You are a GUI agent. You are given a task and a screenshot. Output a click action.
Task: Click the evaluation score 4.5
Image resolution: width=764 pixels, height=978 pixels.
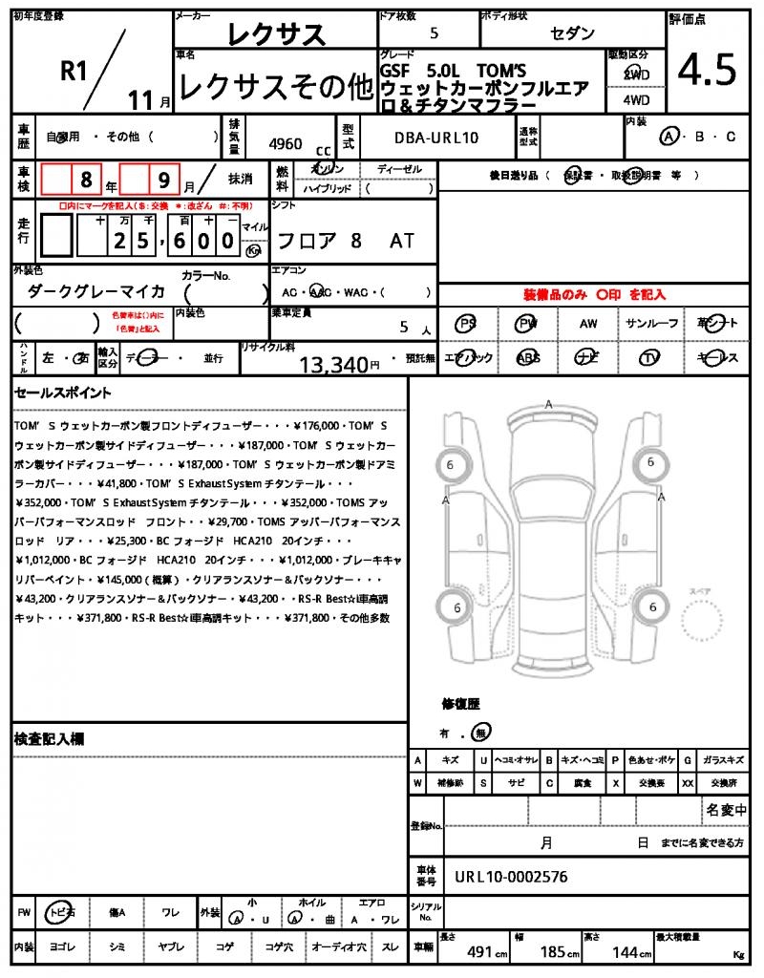[x=707, y=70]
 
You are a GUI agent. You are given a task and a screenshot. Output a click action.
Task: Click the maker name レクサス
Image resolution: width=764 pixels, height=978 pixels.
[x=276, y=35]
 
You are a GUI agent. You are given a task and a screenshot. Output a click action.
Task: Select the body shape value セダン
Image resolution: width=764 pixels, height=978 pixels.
[x=571, y=33]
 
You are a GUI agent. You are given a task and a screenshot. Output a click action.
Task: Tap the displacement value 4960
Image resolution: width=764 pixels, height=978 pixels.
[x=286, y=144]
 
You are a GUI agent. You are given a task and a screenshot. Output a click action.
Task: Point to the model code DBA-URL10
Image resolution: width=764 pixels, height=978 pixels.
[x=436, y=138]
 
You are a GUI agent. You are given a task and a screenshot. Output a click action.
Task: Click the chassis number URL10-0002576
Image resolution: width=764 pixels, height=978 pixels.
[x=511, y=876]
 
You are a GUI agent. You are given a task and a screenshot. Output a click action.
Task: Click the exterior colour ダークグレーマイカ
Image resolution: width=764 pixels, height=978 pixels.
[x=96, y=291]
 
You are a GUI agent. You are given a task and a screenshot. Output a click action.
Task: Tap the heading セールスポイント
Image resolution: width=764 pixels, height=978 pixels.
[x=63, y=393]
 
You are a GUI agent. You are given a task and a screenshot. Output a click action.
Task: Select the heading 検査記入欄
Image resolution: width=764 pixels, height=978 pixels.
[x=50, y=739]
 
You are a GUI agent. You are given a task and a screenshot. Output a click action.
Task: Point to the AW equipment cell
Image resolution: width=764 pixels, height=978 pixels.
[x=588, y=325]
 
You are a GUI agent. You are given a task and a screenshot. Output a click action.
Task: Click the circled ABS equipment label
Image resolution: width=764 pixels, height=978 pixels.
[x=527, y=358]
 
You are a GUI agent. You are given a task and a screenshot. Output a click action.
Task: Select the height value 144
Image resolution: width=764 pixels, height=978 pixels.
[x=628, y=952]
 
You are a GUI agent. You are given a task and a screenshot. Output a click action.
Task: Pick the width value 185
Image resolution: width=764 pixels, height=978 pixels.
[x=554, y=952]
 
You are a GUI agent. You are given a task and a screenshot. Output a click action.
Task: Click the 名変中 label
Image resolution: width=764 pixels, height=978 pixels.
[x=726, y=810]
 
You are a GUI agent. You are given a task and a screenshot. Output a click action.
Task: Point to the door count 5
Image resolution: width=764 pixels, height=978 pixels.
[x=435, y=33]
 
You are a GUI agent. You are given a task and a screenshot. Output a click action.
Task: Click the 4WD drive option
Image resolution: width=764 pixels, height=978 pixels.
[x=636, y=98]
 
